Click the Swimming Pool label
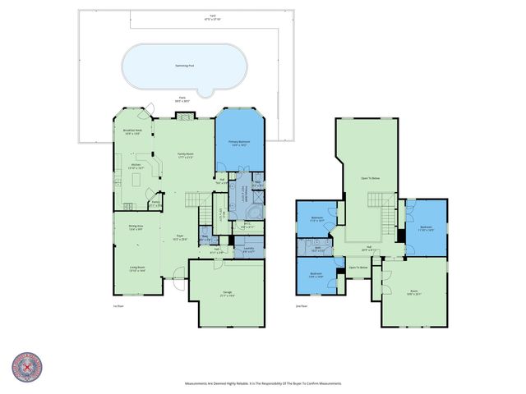click(x=184, y=65)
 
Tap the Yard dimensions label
click(x=184, y=17)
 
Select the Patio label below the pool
click(x=182, y=99)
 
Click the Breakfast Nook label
click(x=132, y=133)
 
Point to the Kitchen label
click(x=136, y=165)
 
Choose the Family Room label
click(x=185, y=155)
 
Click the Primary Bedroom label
click(x=239, y=143)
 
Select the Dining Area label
click(x=136, y=228)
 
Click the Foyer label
click(x=178, y=238)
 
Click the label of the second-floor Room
click(x=413, y=293)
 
